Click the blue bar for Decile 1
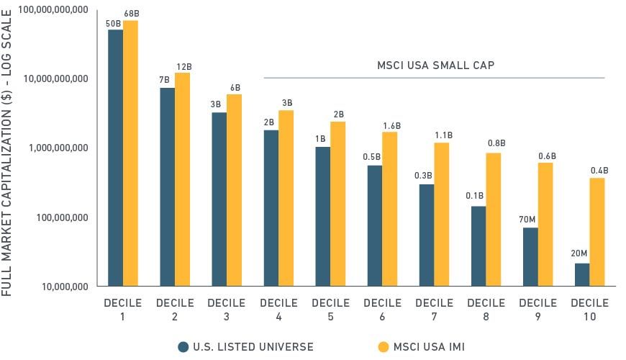(x=115, y=158)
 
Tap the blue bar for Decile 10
(x=582, y=274)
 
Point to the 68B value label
(x=130, y=14)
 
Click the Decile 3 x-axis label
(x=227, y=310)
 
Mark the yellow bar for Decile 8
(x=493, y=220)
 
